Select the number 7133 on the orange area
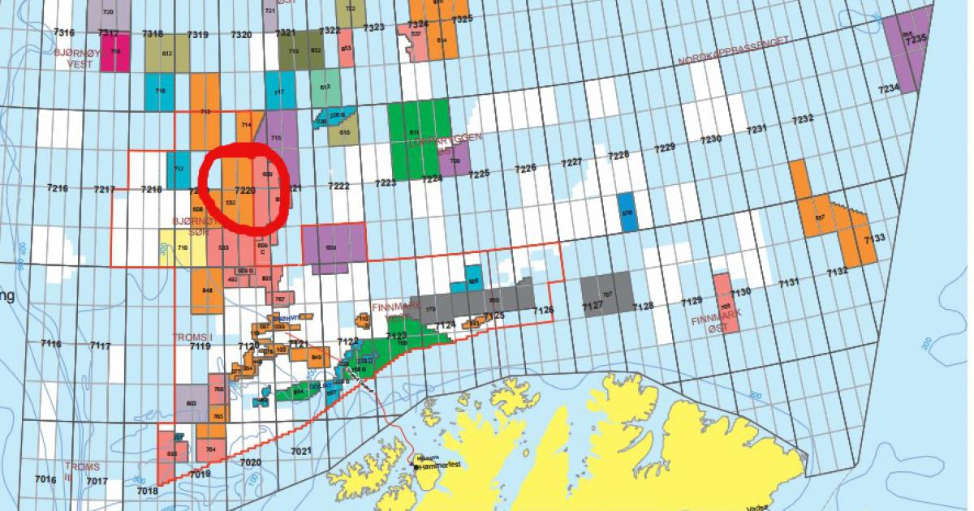pos(874,238)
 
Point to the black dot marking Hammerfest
pos(416,467)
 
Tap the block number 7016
pos(46,479)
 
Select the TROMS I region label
pos(192,336)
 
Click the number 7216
pos(58,188)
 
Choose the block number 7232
pos(802,119)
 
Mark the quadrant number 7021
pos(300,450)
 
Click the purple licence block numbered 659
pos(332,247)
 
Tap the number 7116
pos(51,344)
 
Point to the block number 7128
pos(643,306)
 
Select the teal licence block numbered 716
pos(159,92)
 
